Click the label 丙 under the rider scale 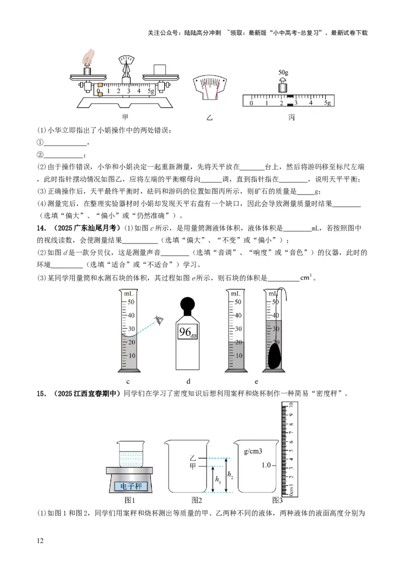click(x=291, y=118)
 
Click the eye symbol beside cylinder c click(x=161, y=320)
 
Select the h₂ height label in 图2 click(x=230, y=475)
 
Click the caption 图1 click(x=130, y=500)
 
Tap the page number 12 click(x=41, y=541)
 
